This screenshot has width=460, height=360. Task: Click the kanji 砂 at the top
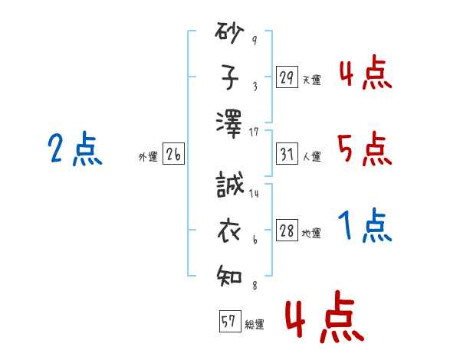tap(229, 33)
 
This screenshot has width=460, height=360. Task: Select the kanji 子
tap(230, 77)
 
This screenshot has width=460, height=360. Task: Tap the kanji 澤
tap(229, 124)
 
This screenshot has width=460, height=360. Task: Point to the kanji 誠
tap(230, 184)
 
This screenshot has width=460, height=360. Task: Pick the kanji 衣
tap(229, 231)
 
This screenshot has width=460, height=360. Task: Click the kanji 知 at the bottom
tap(229, 276)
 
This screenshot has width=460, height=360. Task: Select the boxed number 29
tap(287, 77)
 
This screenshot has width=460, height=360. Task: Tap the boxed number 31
tap(287, 154)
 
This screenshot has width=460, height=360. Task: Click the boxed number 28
tap(287, 230)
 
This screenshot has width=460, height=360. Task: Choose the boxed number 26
tap(173, 154)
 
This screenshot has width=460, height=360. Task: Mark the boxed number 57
tap(230, 321)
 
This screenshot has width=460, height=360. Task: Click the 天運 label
tap(312, 80)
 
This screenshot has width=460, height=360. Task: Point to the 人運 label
tap(312, 156)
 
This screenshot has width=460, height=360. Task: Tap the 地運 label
tap(311, 233)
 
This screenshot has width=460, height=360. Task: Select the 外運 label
tap(148, 156)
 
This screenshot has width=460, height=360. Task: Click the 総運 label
tap(255, 324)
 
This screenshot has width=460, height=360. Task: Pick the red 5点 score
tap(365, 149)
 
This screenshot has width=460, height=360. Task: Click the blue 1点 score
tap(365, 225)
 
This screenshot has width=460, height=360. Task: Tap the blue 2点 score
tap(75, 149)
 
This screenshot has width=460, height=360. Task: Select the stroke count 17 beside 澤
tap(254, 133)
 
